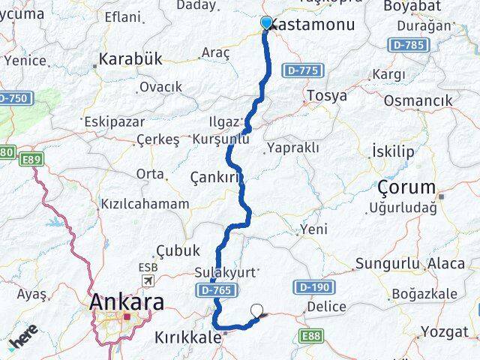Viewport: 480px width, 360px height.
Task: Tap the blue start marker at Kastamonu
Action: coord(266,22)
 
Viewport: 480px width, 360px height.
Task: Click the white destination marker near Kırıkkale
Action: coord(258,309)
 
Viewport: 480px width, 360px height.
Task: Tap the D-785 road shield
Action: coord(410,45)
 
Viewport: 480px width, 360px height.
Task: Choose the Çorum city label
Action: coord(406,187)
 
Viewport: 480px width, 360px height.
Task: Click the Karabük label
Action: coord(130,60)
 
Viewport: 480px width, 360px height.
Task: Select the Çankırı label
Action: coord(217,177)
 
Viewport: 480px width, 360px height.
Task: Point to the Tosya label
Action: coord(327,96)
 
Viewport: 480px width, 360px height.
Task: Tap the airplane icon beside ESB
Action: coord(148,280)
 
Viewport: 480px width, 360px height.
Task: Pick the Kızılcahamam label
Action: coord(144,203)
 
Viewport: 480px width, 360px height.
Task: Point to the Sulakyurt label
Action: coord(225,271)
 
